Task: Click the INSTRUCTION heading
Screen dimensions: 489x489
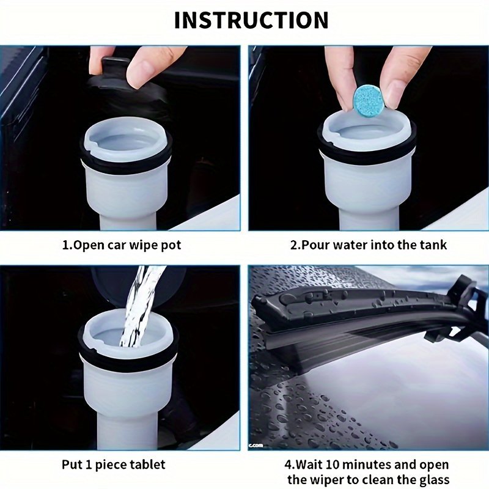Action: point(251,20)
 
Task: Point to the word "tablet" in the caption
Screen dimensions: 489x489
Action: point(147,465)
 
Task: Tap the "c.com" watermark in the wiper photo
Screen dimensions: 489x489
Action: point(256,446)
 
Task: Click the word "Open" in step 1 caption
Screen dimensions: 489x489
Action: point(89,246)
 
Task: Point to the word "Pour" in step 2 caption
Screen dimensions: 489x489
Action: point(315,245)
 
